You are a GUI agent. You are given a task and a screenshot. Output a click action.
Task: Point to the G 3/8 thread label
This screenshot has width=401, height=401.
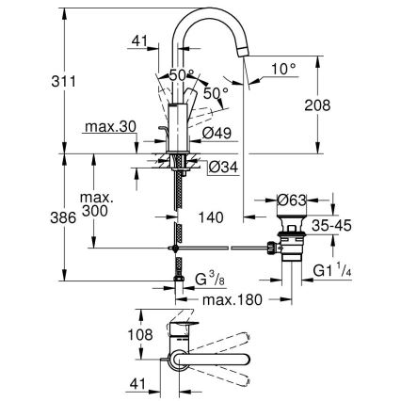tap(208, 280)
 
